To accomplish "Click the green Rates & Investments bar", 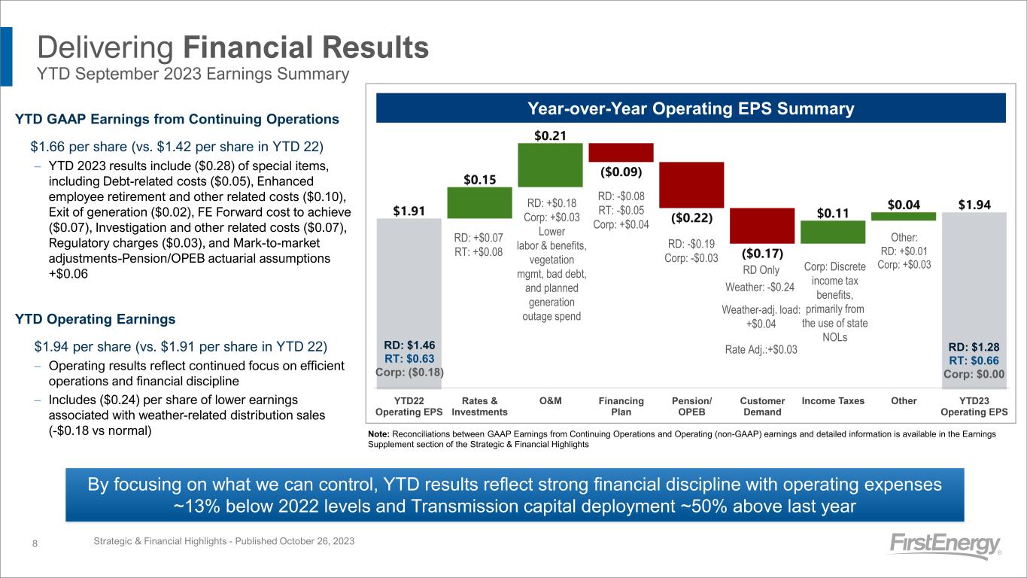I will [x=479, y=202].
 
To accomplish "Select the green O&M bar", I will [x=550, y=165].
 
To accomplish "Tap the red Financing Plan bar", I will [x=621, y=152].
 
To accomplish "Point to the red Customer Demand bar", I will [x=762, y=226].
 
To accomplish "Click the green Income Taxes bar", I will [x=833, y=232].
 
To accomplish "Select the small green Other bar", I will [x=904, y=216].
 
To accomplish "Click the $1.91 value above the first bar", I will [x=409, y=211].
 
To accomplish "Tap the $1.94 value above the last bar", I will [x=974, y=204].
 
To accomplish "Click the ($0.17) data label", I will [x=762, y=253].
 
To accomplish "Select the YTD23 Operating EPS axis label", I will [x=974, y=406].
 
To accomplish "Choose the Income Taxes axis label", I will [x=833, y=401].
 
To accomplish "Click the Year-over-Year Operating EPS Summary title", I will [x=691, y=108].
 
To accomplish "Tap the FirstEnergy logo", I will [x=944, y=546].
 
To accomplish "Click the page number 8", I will [x=36, y=543].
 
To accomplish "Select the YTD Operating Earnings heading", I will [x=96, y=319].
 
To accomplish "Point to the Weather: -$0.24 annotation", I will [x=760, y=287].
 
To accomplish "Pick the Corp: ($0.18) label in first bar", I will [x=409, y=372].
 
